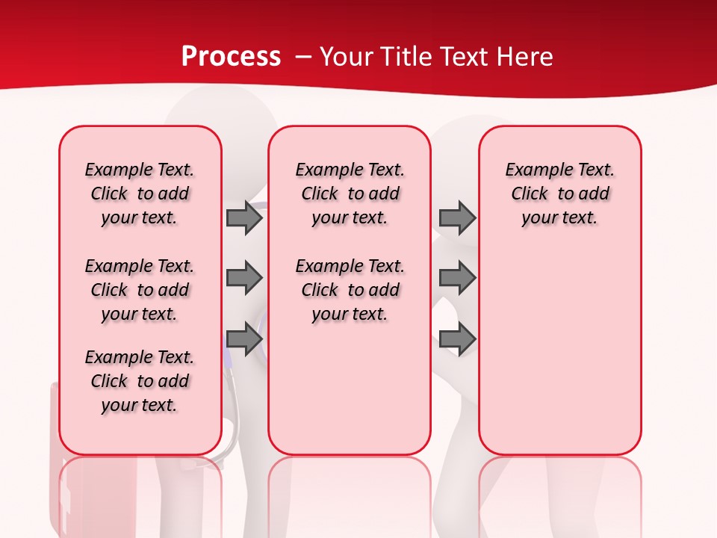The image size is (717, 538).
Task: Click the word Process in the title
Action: click(x=231, y=57)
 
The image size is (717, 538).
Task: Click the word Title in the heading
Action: click(x=406, y=57)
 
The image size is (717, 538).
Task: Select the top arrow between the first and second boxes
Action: click(x=244, y=218)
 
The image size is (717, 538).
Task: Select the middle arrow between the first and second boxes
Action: click(x=244, y=278)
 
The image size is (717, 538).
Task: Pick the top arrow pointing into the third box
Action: click(x=457, y=218)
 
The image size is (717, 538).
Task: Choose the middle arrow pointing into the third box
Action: click(x=457, y=278)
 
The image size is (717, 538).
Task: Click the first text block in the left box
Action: click(x=140, y=194)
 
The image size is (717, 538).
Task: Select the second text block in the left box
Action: click(x=140, y=290)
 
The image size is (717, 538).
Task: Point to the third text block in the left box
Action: click(x=140, y=381)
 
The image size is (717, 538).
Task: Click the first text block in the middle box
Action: click(x=350, y=194)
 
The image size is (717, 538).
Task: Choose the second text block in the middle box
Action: click(x=350, y=290)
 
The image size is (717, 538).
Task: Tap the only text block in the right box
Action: click(x=559, y=194)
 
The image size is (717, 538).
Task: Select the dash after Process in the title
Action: click(x=303, y=57)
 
